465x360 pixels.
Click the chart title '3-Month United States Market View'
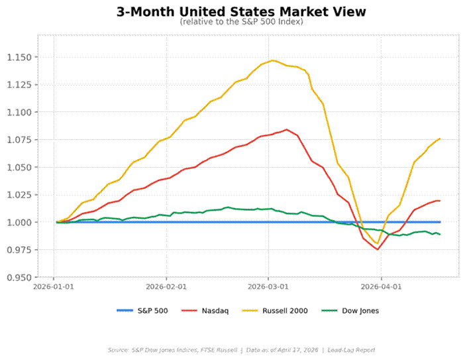(x=241, y=11)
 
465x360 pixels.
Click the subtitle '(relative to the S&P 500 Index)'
(x=241, y=22)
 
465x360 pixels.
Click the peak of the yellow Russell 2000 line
(x=272, y=60)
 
